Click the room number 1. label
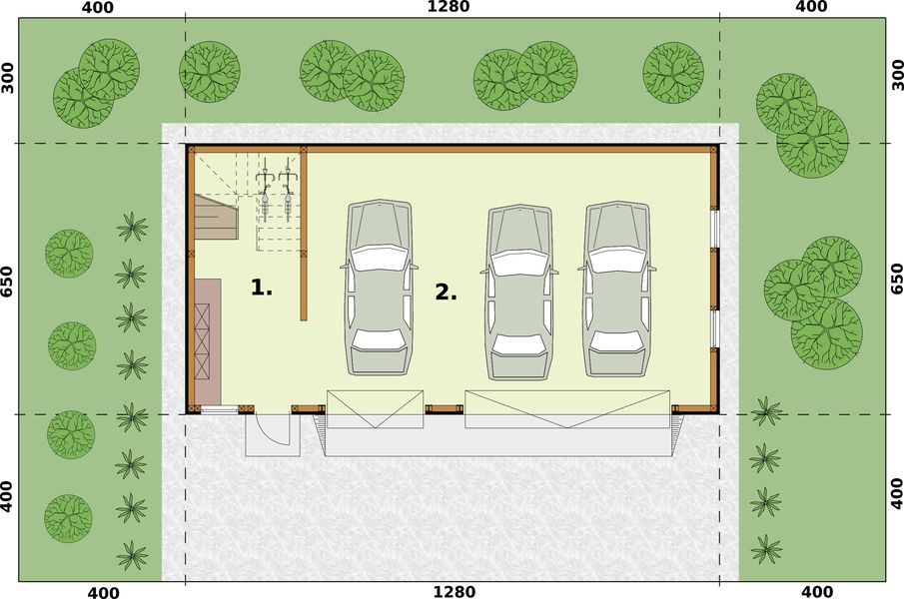coord(261,288)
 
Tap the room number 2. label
coord(446,293)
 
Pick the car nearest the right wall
coord(617,290)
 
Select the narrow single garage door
coord(375,409)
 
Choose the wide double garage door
coord(566,409)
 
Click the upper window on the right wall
coord(714,228)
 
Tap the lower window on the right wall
coord(714,329)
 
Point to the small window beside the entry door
coord(219,409)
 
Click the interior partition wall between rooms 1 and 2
coord(303,235)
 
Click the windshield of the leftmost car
coord(379,259)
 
